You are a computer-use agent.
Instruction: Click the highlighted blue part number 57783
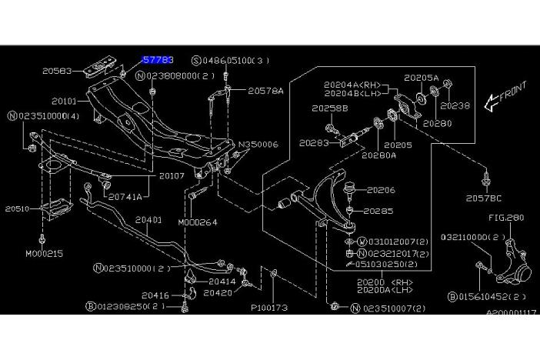coord(158,59)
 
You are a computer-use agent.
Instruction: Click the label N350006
coord(257,144)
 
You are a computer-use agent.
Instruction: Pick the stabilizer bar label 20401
coord(148,220)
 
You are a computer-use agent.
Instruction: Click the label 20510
coord(18,208)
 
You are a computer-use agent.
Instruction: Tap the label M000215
coord(44,253)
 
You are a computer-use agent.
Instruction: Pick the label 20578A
coord(265,91)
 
